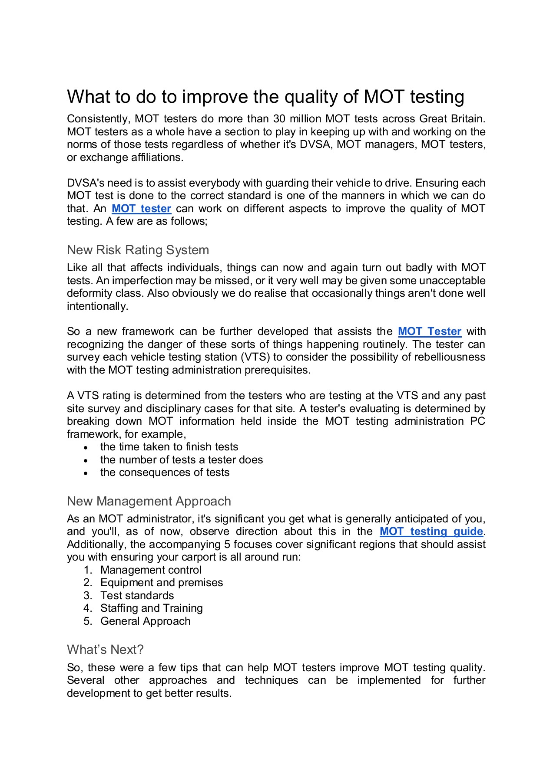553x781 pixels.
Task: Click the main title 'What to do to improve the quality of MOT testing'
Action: (x=265, y=97)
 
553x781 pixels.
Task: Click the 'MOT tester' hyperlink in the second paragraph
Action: (x=141, y=209)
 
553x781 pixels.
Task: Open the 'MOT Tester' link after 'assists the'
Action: (x=429, y=331)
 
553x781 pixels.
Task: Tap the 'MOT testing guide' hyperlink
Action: (x=431, y=532)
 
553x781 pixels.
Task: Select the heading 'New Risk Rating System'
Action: (x=138, y=250)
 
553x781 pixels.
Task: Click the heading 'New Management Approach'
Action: (x=149, y=501)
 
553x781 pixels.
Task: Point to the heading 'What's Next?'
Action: (x=105, y=650)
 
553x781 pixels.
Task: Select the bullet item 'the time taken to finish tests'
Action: (x=169, y=447)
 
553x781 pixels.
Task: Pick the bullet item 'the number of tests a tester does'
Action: (x=182, y=460)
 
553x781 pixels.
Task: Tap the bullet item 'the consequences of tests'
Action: (x=165, y=473)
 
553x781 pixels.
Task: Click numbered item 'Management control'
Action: (x=151, y=570)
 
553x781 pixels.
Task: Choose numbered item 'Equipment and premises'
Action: (x=162, y=583)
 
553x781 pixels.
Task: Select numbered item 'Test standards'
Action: (x=137, y=596)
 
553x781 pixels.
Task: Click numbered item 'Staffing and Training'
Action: (x=151, y=608)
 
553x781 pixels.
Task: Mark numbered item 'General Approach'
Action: (x=145, y=621)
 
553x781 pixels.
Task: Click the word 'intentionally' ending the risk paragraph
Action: (x=96, y=306)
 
